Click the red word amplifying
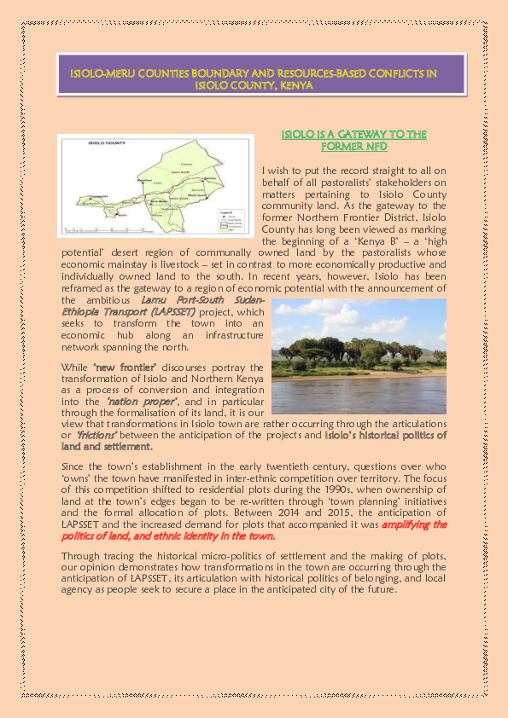[412, 526]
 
